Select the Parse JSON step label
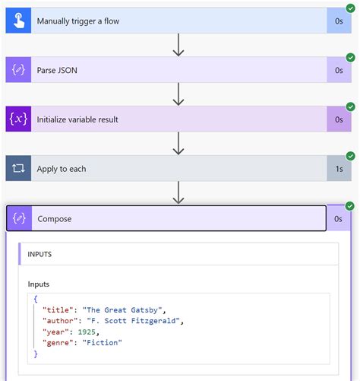(x=57, y=70)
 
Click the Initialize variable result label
(x=77, y=119)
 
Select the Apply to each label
(x=62, y=169)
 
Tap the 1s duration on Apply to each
(x=339, y=169)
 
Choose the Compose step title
(x=54, y=219)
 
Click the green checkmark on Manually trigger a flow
(x=350, y=8)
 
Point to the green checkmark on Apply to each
(x=350, y=156)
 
